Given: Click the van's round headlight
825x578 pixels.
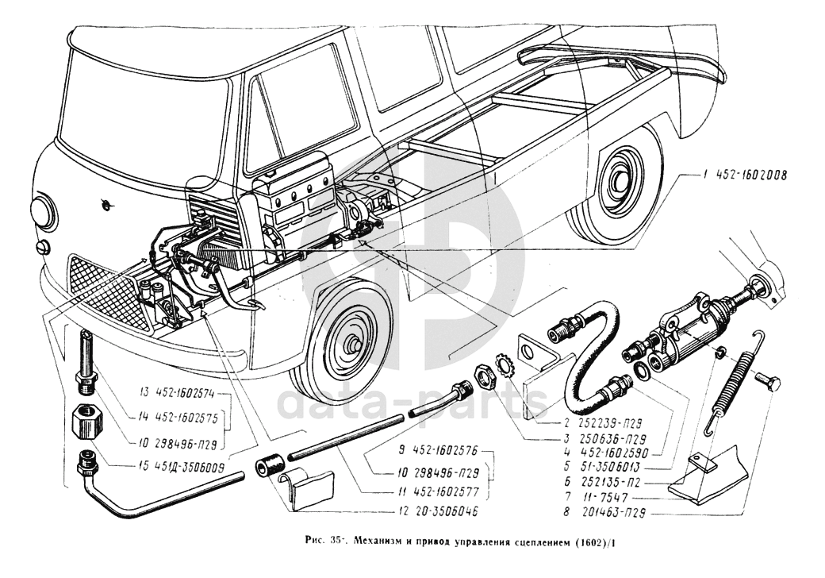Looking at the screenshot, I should coord(41,214).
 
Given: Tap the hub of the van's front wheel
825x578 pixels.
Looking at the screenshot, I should coord(350,345).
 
